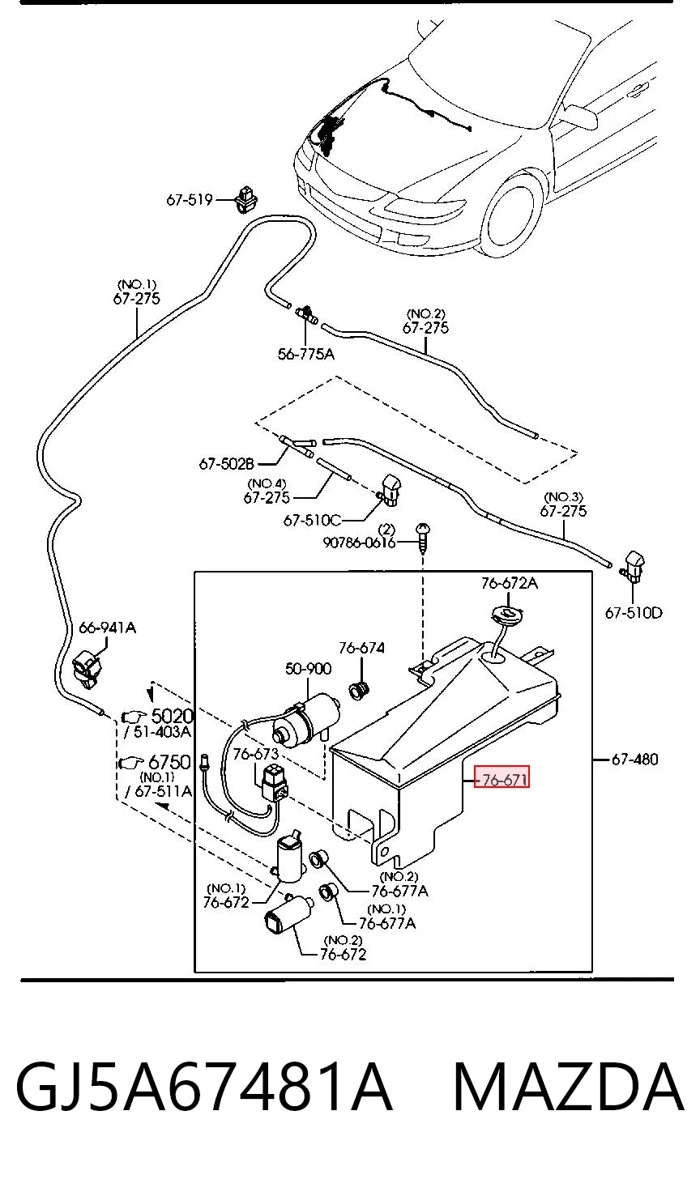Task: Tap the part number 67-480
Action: click(634, 759)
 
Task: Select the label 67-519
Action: click(189, 200)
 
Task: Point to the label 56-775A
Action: click(306, 354)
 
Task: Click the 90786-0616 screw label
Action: click(359, 543)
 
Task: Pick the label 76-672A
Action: click(510, 583)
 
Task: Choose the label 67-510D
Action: click(634, 613)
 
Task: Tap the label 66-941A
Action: click(108, 628)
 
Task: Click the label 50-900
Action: click(308, 669)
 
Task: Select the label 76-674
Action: click(361, 648)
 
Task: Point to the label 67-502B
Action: click(227, 464)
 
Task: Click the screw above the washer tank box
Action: click(423, 536)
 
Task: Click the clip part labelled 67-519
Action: click(246, 199)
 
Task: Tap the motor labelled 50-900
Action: click(306, 719)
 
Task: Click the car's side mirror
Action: click(582, 117)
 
